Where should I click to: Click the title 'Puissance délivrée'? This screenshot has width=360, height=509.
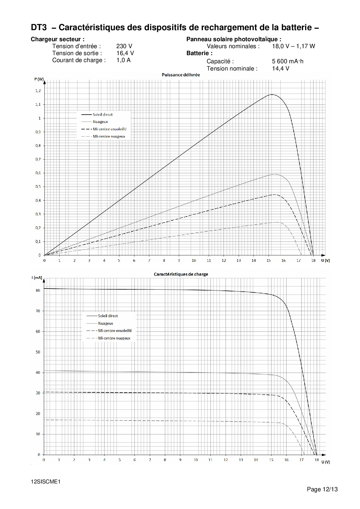(181, 75)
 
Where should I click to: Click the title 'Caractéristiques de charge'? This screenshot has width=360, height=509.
(181, 274)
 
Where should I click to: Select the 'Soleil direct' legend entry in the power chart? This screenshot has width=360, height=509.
(102, 115)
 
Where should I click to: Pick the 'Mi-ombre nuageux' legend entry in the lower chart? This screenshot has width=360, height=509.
(114, 338)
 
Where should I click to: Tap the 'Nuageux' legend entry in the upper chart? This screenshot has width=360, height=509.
(100, 122)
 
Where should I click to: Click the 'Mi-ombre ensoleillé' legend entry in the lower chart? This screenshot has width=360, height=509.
(115, 331)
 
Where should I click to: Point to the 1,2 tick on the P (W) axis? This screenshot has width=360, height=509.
(38, 91)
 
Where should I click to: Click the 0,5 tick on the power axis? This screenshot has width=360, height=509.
(38, 187)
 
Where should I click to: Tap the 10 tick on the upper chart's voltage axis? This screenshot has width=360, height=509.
(194, 260)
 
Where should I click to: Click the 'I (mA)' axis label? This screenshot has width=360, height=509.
(37, 278)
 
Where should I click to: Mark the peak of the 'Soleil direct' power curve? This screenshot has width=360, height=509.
(272, 95)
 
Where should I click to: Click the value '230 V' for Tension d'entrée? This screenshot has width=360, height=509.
(124, 46)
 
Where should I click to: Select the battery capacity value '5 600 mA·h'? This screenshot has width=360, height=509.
(288, 61)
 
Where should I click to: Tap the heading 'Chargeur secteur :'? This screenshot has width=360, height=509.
(58, 39)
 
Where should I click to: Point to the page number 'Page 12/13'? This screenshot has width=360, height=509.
(322, 490)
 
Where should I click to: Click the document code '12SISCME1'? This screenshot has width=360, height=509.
(45, 481)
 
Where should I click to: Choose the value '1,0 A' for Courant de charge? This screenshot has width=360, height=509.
(123, 60)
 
